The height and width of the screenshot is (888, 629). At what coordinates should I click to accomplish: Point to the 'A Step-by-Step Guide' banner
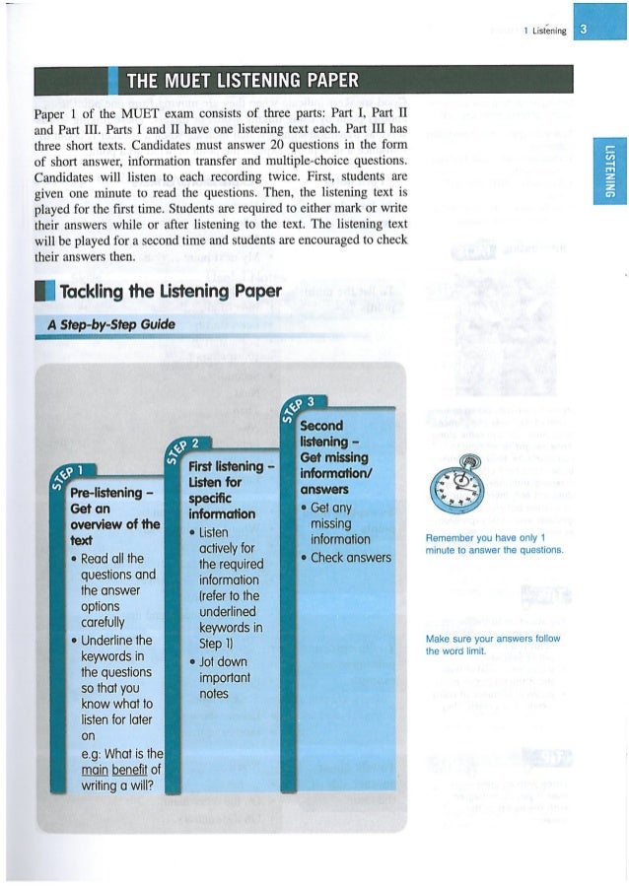pyautogui.click(x=111, y=324)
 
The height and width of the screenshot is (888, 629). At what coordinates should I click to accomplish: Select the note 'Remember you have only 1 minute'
pyautogui.click(x=494, y=544)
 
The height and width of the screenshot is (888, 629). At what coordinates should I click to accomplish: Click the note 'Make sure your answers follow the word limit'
pyautogui.click(x=492, y=645)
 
